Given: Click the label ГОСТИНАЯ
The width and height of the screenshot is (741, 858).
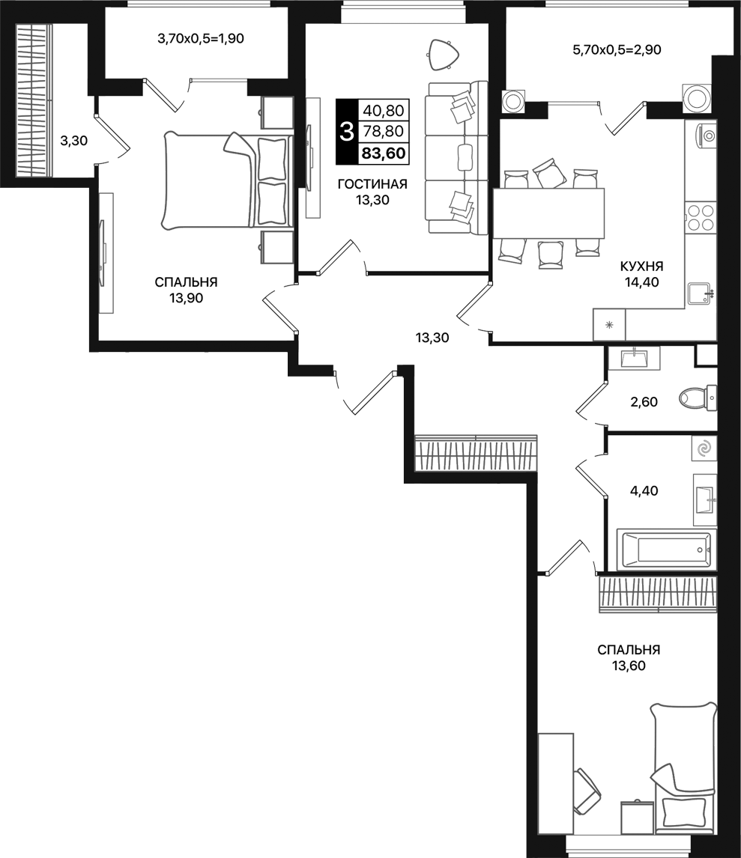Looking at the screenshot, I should [372, 184].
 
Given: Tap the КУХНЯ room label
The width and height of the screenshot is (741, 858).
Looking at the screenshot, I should [641, 267].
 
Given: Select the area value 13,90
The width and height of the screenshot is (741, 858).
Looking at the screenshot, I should [186, 297].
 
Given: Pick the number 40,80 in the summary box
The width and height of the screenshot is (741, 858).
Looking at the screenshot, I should [384, 110].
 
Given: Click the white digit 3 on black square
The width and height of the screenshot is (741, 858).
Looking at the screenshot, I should [346, 133].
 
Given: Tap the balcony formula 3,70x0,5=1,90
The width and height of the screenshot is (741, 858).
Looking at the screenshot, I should [200, 39].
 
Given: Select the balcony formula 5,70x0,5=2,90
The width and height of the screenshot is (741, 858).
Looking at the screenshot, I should [616, 50].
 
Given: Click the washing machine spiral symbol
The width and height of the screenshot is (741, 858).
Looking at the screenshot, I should [704, 448].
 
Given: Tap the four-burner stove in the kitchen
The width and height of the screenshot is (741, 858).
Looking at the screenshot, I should [701, 217].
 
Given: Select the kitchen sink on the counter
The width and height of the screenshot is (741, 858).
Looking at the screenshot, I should [700, 293].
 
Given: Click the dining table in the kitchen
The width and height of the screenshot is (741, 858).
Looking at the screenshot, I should [548, 213].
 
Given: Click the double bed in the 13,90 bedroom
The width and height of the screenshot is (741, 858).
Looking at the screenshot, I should [225, 180].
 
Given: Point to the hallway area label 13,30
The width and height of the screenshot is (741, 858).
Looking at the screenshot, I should [432, 338].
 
